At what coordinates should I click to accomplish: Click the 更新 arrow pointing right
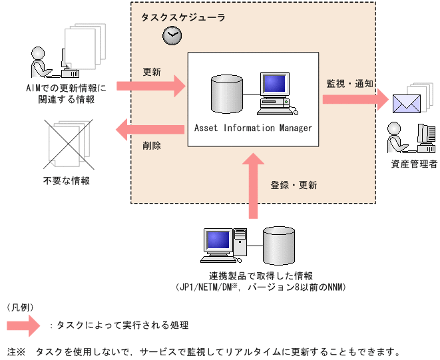pos(152,85)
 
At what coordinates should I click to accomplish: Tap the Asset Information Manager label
pos(253,128)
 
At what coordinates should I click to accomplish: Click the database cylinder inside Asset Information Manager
pos(223,94)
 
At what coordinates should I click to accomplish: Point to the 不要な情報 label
pos(67,180)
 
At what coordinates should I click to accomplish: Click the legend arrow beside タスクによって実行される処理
pos(25,325)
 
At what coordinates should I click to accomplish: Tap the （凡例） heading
pos(20,307)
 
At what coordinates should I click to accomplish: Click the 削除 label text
pos(152,145)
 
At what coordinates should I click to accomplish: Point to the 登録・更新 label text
pos(294,184)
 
